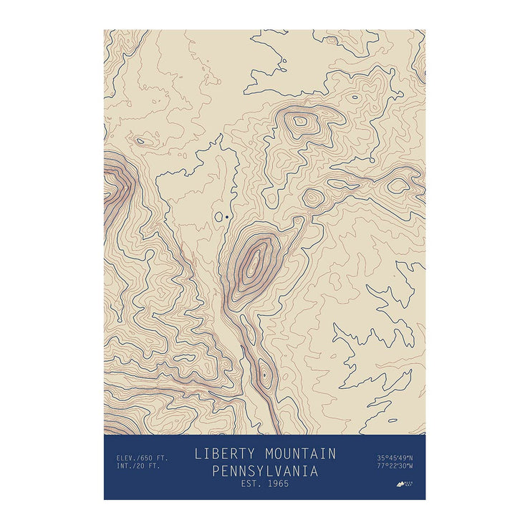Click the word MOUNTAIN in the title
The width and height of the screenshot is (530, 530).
pos(300,454)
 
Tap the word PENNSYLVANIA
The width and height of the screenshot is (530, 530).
pos(265,471)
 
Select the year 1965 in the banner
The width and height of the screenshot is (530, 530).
pos(276,484)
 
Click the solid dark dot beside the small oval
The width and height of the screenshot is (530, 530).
pos(227,216)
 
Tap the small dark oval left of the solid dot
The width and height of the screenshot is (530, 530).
pos(219,215)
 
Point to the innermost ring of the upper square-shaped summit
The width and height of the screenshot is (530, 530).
pos(301,122)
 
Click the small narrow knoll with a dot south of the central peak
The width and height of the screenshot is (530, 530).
pos(264,374)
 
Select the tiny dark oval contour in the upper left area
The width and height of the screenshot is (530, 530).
pos(140,141)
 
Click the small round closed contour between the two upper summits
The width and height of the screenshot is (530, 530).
pos(312,197)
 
